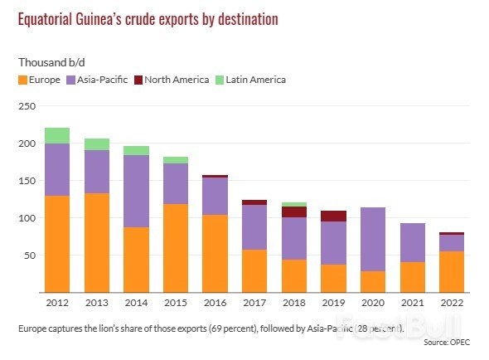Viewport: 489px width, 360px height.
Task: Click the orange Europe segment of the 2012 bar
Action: (56, 244)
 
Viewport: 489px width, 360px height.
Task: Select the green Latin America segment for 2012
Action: (56, 135)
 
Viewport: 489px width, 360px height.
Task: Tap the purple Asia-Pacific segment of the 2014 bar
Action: (136, 191)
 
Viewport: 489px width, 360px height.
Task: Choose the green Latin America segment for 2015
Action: (176, 160)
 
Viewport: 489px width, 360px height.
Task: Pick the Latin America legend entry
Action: (253, 80)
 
